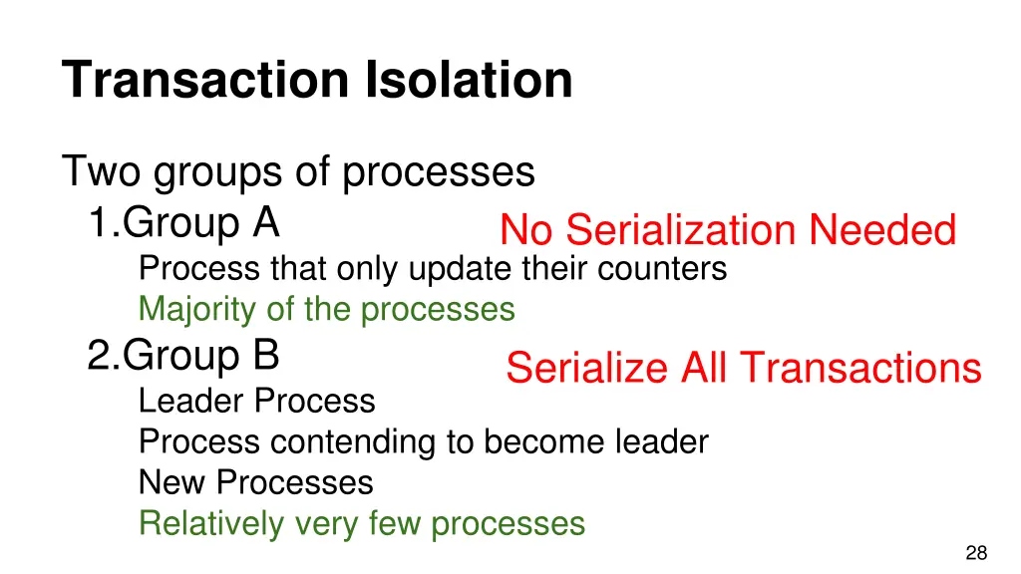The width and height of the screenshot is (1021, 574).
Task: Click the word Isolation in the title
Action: tap(469, 80)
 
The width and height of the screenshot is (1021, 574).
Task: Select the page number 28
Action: tap(976, 554)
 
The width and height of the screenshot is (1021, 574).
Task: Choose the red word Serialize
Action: tap(588, 369)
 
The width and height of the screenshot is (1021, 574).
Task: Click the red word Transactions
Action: tap(861, 369)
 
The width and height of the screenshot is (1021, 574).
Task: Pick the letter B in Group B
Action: tap(265, 356)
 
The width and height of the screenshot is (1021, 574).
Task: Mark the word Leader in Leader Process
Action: tap(191, 401)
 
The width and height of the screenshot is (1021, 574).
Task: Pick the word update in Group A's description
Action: tap(459, 269)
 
